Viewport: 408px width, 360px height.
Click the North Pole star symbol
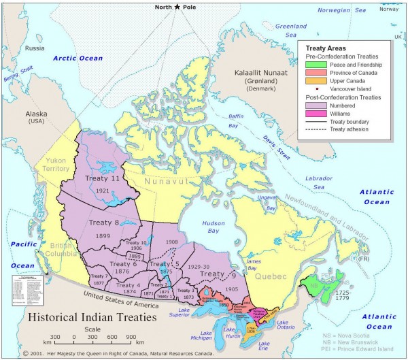[177, 7]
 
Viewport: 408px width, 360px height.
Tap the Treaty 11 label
[101, 178]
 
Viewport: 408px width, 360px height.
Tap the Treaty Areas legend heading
[326, 48]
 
